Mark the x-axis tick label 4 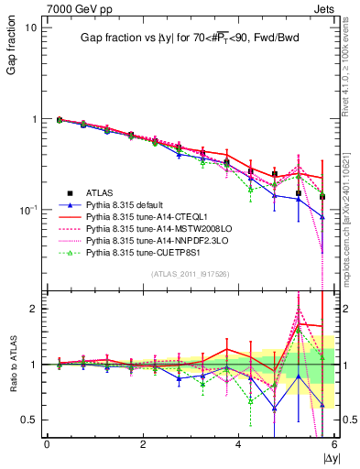point(238,444)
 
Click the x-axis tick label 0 point(47,444)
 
